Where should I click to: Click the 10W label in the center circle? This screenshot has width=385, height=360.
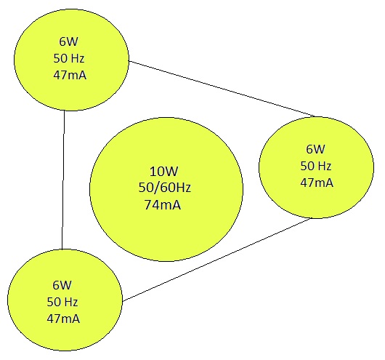pyautogui.click(x=163, y=171)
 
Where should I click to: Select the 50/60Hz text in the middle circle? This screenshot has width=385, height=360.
pyautogui.click(x=165, y=188)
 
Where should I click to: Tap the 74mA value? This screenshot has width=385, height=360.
pyautogui.click(x=163, y=204)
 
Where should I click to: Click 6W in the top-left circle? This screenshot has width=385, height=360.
pyautogui.click(x=68, y=41)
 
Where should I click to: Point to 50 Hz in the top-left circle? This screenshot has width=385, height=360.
pyautogui.click(x=69, y=58)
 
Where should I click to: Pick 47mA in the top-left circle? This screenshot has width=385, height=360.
pyautogui.click(x=70, y=75)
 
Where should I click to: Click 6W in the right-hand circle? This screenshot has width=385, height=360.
pyautogui.click(x=315, y=149)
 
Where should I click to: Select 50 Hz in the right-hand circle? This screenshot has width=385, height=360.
pyautogui.click(x=316, y=166)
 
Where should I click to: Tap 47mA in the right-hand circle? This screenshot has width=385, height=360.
pyautogui.click(x=317, y=183)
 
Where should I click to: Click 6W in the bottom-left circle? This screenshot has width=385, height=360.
pyautogui.click(x=62, y=285)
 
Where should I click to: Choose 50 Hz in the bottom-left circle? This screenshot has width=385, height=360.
pyautogui.click(x=62, y=302)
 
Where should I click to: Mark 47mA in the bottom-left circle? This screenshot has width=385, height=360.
pyautogui.click(x=63, y=319)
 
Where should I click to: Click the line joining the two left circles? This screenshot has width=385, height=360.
pyautogui.click(x=63, y=180)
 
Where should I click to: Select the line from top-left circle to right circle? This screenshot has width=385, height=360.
pyautogui.click(x=222, y=89)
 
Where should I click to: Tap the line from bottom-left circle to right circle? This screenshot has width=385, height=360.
pyautogui.click(x=217, y=260)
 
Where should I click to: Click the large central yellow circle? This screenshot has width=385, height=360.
pyautogui.click(x=166, y=189)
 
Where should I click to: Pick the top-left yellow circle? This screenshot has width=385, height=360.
pyautogui.click(x=71, y=60)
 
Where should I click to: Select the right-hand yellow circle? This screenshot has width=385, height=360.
pyautogui.click(x=317, y=167)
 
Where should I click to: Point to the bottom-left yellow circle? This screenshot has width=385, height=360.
pyautogui.click(x=65, y=300)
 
